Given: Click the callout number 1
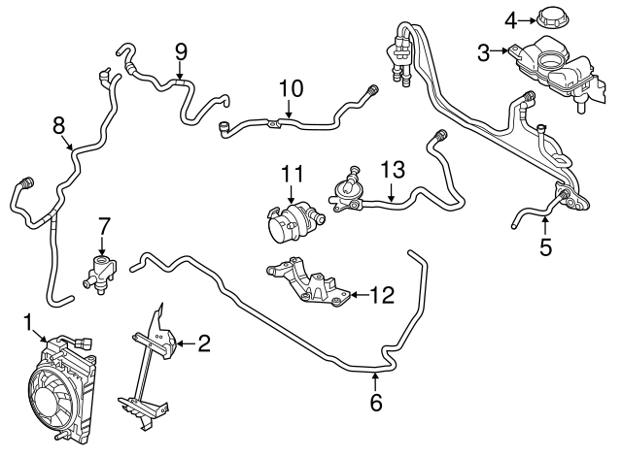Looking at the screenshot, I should click(28, 321).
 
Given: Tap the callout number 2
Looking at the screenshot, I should click(204, 342).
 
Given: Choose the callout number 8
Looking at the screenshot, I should click(57, 124).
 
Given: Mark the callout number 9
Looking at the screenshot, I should click(181, 50).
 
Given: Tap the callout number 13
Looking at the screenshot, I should click(391, 170).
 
